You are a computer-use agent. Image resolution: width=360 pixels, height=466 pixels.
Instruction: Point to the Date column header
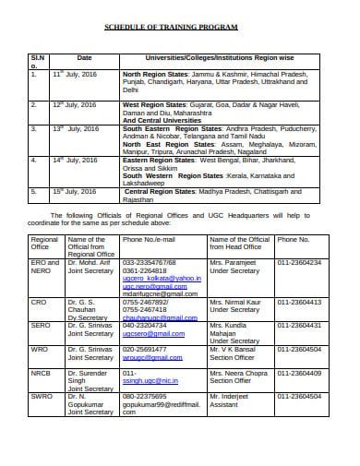(x=84, y=57)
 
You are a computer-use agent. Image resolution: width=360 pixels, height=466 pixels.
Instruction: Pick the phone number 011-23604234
(x=299, y=262)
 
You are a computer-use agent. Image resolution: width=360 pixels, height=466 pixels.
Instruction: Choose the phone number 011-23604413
(x=299, y=302)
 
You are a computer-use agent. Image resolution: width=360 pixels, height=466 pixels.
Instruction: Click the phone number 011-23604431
(x=299, y=325)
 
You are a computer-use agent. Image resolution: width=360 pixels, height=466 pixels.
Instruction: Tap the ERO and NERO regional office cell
(x=45, y=267)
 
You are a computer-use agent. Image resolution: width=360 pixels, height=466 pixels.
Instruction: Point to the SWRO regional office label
(x=42, y=396)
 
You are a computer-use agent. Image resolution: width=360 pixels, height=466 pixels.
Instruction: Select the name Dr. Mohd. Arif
(x=90, y=262)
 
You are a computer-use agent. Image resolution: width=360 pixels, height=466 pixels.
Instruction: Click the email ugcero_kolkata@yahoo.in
(x=161, y=278)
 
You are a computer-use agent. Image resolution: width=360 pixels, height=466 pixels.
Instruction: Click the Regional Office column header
(x=45, y=243)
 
